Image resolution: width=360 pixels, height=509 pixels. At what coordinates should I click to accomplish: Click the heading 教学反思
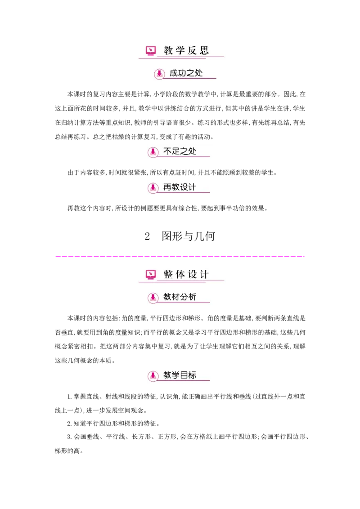click(x=186, y=50)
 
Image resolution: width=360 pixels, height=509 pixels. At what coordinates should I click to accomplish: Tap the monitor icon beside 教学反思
click(x=151, y=51)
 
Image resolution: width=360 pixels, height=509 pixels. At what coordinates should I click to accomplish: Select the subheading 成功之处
click(x=186, y=73)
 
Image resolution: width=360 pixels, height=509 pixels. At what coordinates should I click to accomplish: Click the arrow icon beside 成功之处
click(x=159, y=74)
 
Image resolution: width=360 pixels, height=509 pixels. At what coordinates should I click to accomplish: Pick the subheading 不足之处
click(x=180, y=152)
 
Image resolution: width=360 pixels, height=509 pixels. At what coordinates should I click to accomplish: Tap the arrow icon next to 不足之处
click(x=153, y=152)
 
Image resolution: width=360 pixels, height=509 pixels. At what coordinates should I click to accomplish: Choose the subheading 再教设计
click(x=180, y=188)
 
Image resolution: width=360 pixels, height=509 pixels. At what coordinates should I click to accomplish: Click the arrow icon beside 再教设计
click(x=153, y=188)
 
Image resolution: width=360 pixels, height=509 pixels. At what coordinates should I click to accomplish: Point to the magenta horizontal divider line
click(x=180, y=257)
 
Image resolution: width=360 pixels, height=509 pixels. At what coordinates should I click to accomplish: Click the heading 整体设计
click(x=186, y=274)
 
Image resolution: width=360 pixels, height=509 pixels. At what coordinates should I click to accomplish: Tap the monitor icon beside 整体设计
click(x=151, y=274)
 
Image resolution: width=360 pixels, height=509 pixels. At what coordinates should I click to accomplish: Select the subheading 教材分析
click(x=180, y=297)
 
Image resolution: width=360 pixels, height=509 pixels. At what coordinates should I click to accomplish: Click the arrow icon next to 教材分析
click(x=153, y=298)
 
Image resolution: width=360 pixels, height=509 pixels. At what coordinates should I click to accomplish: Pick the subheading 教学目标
click(x=180, y=375)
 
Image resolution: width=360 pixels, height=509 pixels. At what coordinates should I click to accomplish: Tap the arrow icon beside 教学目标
click(x=153, y=376)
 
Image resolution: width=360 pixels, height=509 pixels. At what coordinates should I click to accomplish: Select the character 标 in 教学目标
click(x=192, y=375)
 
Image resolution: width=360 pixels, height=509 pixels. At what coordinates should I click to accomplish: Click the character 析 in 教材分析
click(x=192, y=297)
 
